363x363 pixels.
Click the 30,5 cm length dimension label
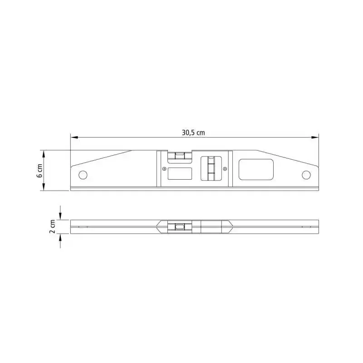[193, 132]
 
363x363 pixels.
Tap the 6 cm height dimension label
[39, 171]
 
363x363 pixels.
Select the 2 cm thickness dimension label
[53, 226]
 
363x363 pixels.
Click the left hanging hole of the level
[83, 175]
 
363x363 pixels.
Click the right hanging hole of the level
[306, 175]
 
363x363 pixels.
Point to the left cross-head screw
[164, 169]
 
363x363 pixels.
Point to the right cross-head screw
[225, 169]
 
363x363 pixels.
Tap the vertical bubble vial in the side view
[211, 168]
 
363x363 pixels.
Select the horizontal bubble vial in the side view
[180, 156]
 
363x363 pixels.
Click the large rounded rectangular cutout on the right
[256, 169]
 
